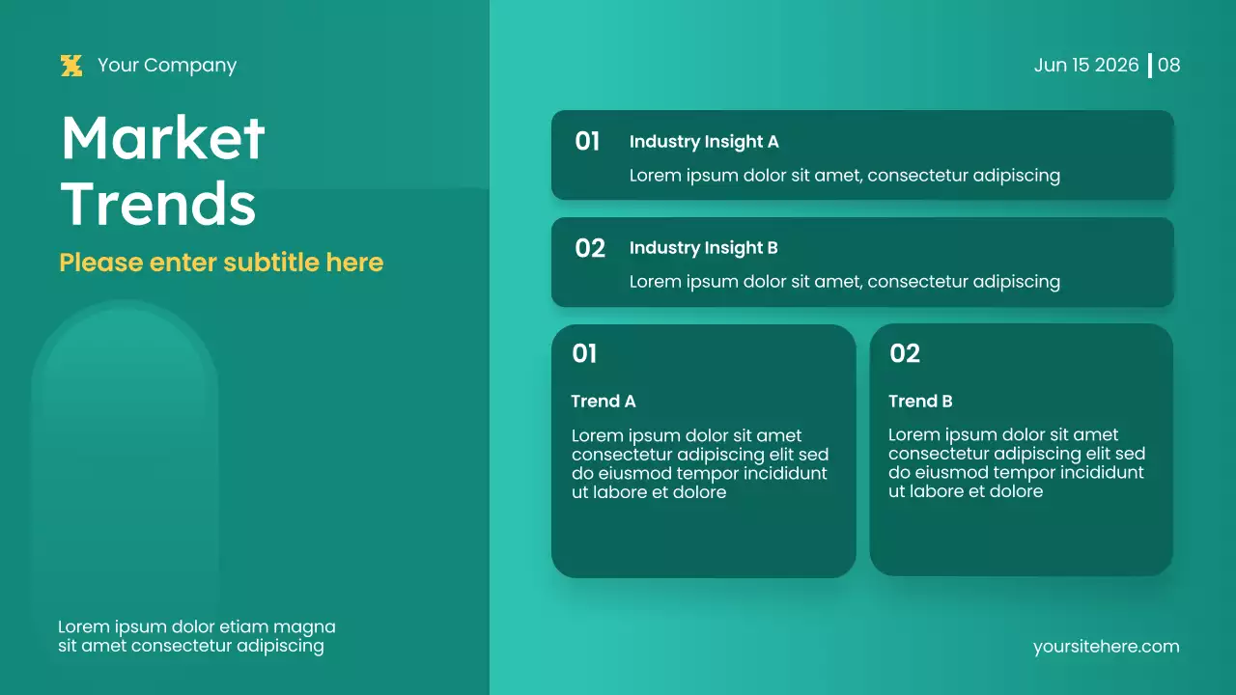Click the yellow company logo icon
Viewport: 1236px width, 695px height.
71,66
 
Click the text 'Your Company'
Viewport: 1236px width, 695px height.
166,66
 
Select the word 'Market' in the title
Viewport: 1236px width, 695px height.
162,138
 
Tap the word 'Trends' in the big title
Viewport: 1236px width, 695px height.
158,205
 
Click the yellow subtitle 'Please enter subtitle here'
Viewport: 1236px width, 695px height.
221,263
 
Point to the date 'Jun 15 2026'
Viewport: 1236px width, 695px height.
1086,66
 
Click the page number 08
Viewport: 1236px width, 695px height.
1168,66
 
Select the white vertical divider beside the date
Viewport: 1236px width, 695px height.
1149,66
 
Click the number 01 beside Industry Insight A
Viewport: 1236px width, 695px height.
587,142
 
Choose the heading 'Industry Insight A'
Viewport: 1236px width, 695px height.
704,142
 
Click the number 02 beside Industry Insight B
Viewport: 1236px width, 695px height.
589,248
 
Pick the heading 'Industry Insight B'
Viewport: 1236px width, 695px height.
703,248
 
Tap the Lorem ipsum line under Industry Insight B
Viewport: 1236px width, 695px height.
844,282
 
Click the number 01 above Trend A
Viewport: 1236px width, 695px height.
584,354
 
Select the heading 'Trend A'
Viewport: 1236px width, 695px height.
603,402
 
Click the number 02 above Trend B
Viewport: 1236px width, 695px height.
904,354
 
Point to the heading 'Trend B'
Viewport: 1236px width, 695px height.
920,402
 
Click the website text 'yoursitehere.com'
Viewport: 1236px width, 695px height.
1106,647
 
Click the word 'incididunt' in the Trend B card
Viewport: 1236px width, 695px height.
1097,473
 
